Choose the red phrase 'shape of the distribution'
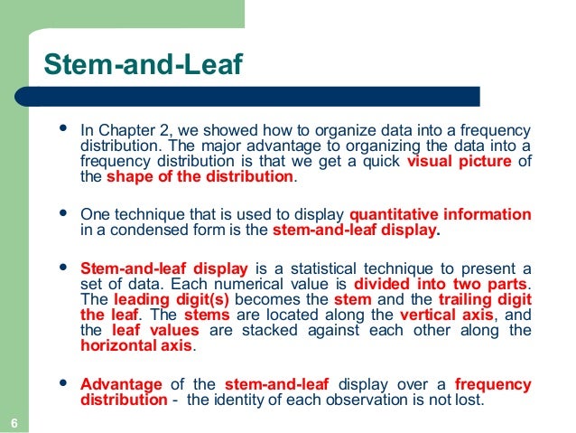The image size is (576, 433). click(x=200, y=177)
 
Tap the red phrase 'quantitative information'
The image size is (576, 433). click(x=440, y=214)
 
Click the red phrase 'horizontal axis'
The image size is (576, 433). click(x=136, y=345)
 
